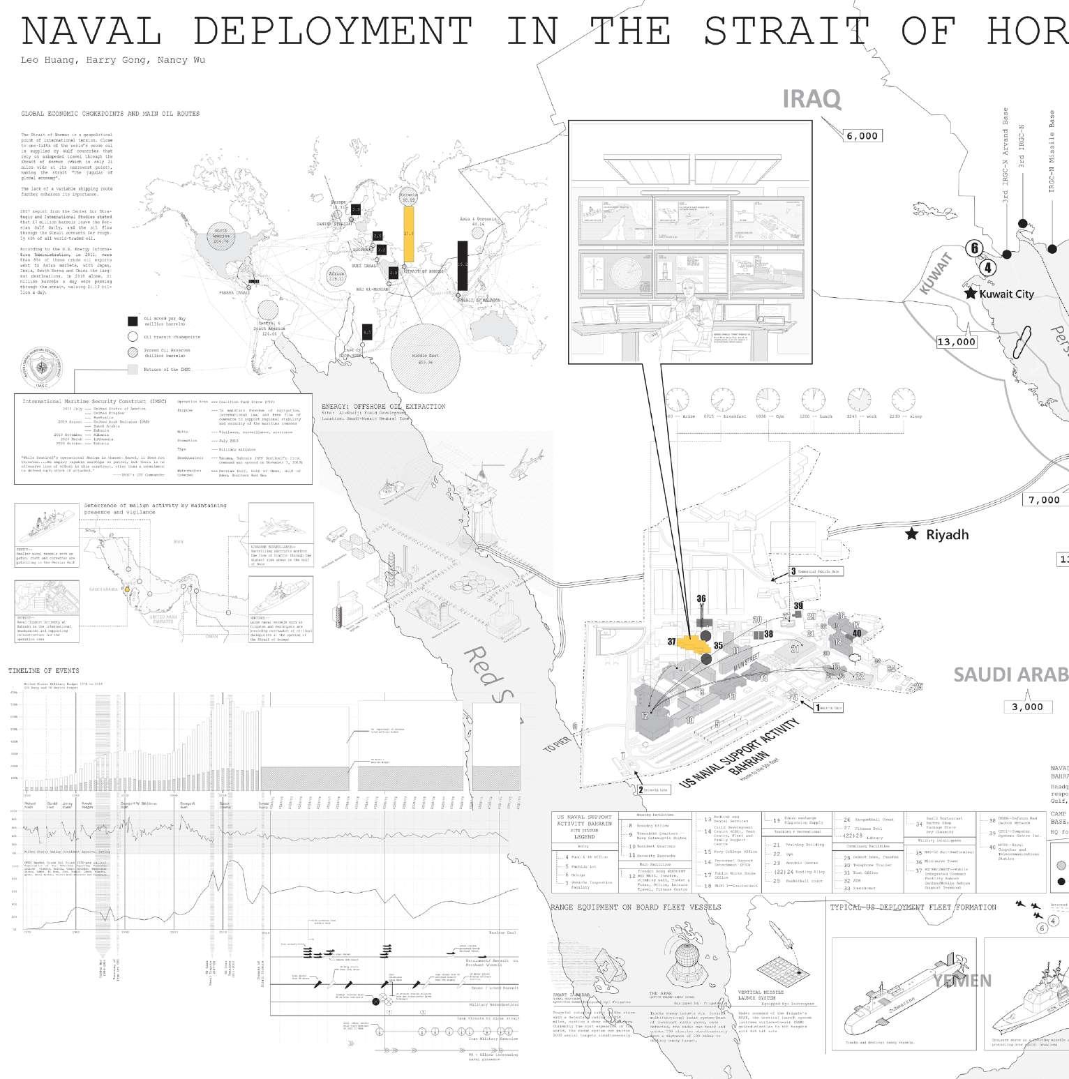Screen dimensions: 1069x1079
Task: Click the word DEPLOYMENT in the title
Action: pyautogui.click(x=332, y=31)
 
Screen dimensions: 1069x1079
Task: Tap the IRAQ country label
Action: pyautogui.click(x=812, y=99)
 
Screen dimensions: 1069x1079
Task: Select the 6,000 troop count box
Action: pyautogui.click(x=862, y=136)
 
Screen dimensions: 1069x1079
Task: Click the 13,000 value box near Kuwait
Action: pyautogui.click(x=956, y=342)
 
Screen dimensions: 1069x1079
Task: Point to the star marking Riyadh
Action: pyautogui.click(x=911, y=534)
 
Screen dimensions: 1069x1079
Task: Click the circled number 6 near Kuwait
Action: pyautogui.click(x=975, y=248)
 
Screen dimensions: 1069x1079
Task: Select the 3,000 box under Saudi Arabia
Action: pyautogui.click(x=1027, y=707)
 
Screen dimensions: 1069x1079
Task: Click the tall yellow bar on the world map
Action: pyautogui.click(x=409, y=234)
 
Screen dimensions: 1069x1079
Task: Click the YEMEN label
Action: pyautogui.click(x=962, y=981)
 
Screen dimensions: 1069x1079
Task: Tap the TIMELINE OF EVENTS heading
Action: pyautogui.click(x=43, y=671)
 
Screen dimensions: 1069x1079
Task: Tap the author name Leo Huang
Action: pyautogui.click(x=48, y=60)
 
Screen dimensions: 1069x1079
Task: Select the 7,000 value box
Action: pyautogui.click(x=1044, y=499)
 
